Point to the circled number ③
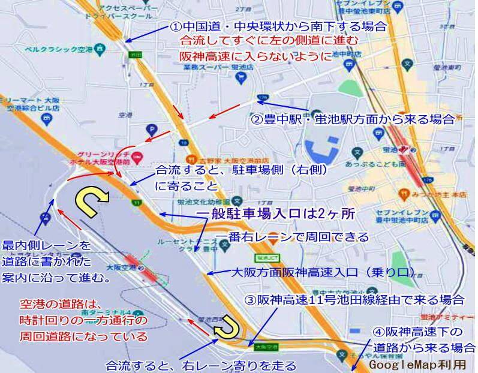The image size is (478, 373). [x=252, y=300]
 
